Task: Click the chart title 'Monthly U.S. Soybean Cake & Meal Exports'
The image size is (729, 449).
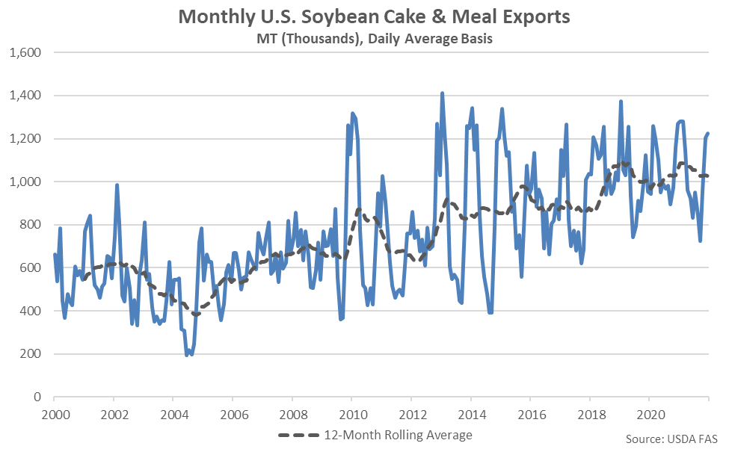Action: (x=363, y=16)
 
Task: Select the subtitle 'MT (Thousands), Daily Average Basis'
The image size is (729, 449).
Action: (x=364, y=39)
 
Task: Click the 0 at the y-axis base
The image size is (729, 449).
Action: (x=36, y=397)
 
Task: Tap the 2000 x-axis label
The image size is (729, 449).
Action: (x=54, y=413)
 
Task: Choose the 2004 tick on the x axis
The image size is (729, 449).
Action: (x=173, y=413)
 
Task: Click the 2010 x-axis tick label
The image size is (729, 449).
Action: (x=352, y=413)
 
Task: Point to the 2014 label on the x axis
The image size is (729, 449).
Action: (x=472, y=413)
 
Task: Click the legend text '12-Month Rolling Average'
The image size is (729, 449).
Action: (x=398, y=434)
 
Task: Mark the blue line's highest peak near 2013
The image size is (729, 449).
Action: (x=442, y=93)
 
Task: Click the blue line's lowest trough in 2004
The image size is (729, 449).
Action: (x=187, y=355)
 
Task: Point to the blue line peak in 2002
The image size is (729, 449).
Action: (x=117, y=185)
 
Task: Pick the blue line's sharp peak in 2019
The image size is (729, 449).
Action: (x=621, y=102)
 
